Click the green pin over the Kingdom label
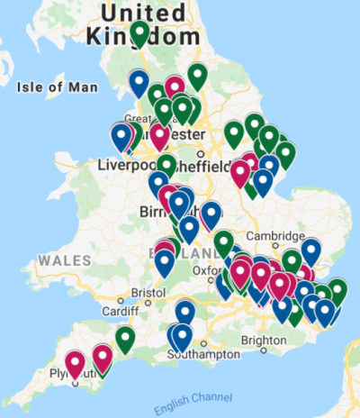click(139, 34)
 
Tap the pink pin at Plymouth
click(75, 363)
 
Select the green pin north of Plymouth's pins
click(125, 339)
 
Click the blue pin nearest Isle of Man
click(139, 83)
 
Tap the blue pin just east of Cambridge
click(310, 251)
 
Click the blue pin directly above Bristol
click(165, 263)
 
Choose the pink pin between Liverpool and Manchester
click(159, 136)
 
